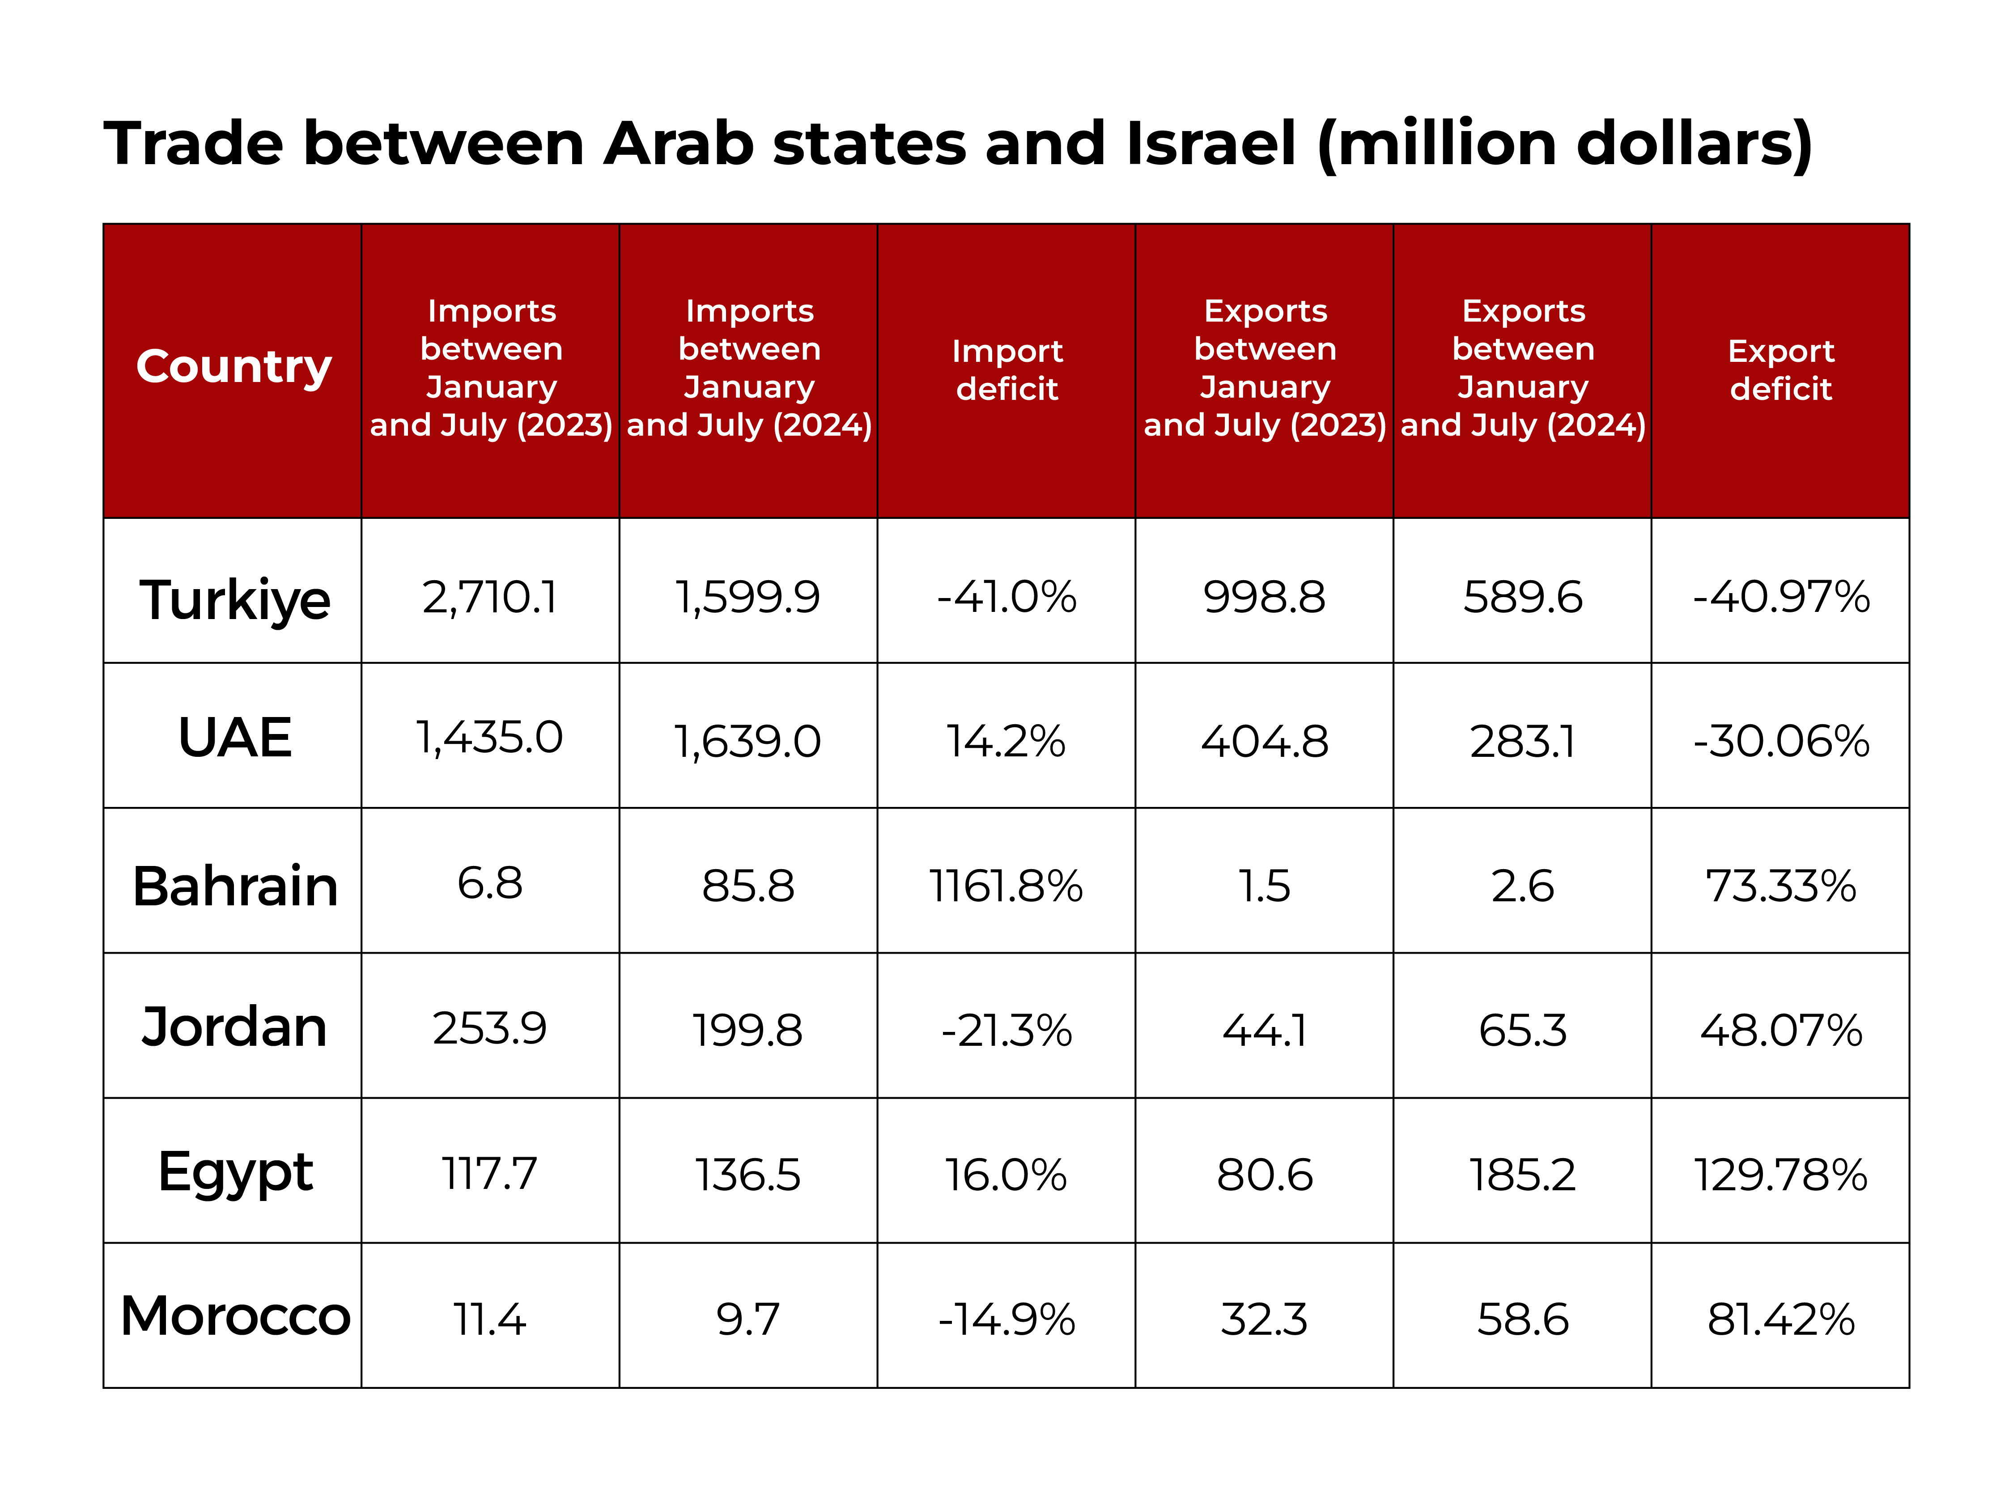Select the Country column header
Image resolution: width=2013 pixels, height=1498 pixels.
234,367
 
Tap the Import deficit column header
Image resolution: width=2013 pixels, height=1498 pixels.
1007,370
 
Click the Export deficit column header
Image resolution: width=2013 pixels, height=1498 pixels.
1781,370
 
